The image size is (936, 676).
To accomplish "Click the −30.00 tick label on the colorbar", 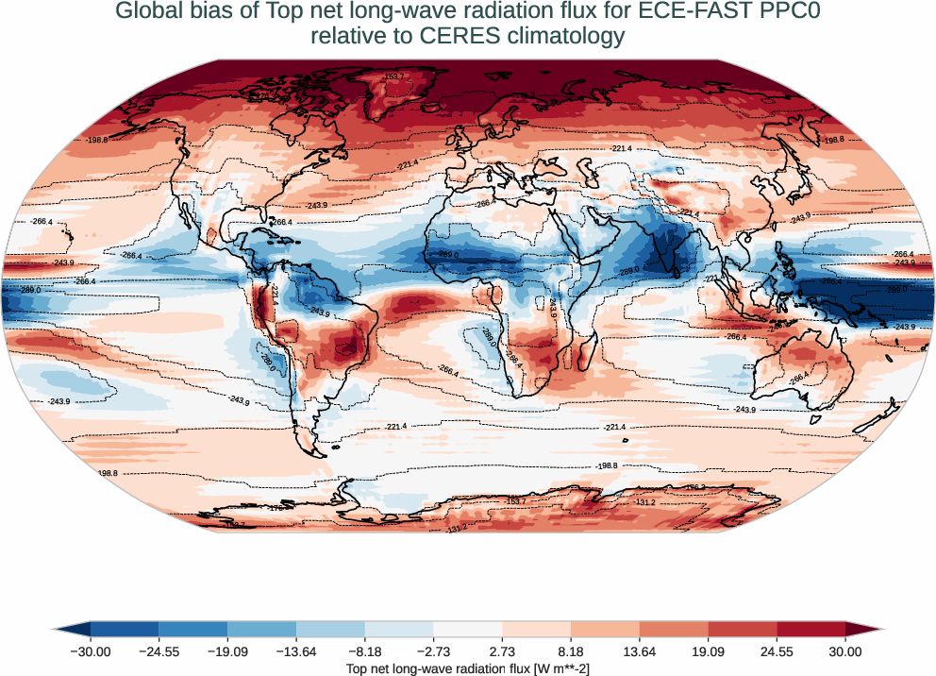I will coord(91,651).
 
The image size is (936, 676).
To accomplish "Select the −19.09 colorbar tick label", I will coord(227,651).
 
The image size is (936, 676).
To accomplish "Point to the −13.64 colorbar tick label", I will coord(296,651).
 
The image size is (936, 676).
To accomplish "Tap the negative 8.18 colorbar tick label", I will coord(365,651).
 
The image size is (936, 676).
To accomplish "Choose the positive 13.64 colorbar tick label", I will coord(640,651).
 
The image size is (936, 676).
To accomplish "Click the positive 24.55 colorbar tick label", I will coord(777,651).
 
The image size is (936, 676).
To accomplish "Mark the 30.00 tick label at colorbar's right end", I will coord(845,651).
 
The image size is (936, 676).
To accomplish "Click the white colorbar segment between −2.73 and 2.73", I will coord(468,629).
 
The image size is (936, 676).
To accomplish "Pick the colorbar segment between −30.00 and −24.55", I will coord(125,629).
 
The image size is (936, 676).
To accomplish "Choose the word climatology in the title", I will coord(563,37).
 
